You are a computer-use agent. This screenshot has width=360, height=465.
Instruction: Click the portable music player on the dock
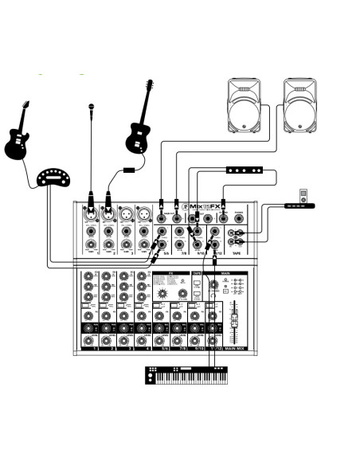(x=301, y=195)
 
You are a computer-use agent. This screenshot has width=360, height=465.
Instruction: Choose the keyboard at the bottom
(x=186, y=375)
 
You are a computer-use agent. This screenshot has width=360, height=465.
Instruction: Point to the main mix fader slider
(x=233, y=318)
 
